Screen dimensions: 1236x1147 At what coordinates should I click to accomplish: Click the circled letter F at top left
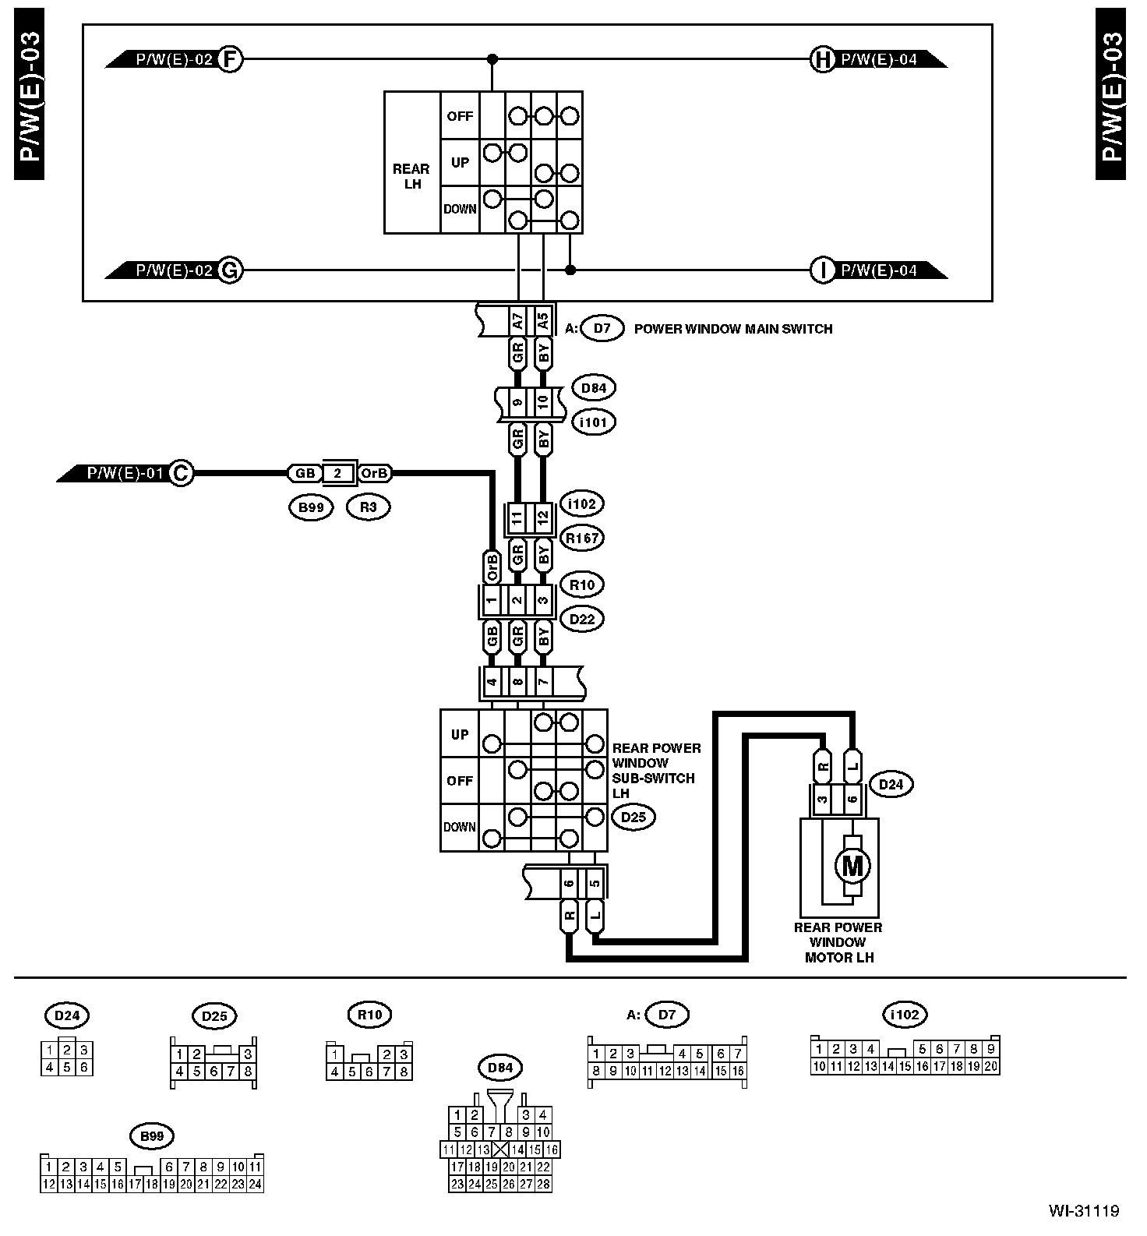pos(230,58)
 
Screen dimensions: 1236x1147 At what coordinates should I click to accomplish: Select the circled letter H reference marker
pos(822,58)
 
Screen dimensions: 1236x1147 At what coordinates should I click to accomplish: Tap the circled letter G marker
pos(230,270)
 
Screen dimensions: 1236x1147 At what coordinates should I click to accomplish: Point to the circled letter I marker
pos(822,270)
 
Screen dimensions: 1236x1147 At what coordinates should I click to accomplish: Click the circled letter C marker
pos(182,473)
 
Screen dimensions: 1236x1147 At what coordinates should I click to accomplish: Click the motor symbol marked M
pos(852,865)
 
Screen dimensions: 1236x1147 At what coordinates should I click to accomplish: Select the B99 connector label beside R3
pos(311,507)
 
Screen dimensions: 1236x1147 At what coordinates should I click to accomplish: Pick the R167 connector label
pos(581,538)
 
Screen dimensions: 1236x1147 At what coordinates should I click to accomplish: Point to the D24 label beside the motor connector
pos(891,784)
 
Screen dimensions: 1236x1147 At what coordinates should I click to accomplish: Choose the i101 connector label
pos(594,422)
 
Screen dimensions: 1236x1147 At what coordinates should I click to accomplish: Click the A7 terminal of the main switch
pos(517,320)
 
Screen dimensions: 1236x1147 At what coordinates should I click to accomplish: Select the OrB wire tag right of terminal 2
pos(375,473)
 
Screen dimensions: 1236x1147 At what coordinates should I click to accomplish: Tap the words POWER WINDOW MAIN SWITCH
pos(733,329)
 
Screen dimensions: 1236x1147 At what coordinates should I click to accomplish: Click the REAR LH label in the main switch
pos(411,176)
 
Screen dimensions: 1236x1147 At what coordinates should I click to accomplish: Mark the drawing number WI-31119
pos(1083,1211)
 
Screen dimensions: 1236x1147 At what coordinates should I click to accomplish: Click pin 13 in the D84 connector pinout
pos(484,1149)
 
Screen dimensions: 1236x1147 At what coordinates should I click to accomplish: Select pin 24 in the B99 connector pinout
pos(254,1184)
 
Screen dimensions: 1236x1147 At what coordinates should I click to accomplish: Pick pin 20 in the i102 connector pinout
pos(990,1066)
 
